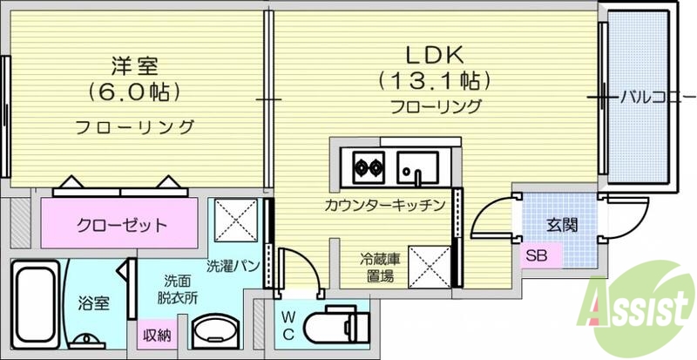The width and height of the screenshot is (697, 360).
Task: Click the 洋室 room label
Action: pyautogui.click(x=133, y=64)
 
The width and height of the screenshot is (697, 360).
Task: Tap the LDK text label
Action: pyautogui.click(x=434, y=53)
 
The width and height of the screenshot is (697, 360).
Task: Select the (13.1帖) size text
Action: pyautogui.click(x=434, y=81)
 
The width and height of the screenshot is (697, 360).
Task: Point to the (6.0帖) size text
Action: pyautogui.click(x=133, y=91)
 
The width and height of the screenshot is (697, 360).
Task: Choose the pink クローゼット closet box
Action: pyautogui.click(x=121, y=225)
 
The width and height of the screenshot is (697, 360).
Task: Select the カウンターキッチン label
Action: pyautogui.click(x=384, y=206)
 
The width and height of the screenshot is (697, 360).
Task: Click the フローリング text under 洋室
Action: pyautogui.click(x=133, y=127)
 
